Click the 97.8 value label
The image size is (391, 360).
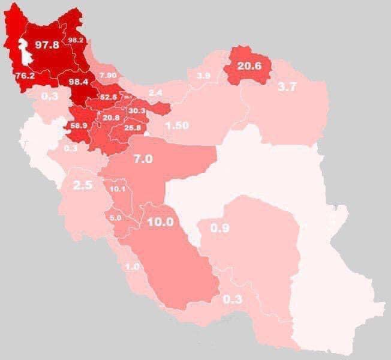pos(47,45)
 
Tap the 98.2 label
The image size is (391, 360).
pos(76,40)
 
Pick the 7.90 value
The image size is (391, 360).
pos(109,75)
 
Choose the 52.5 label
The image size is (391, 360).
pos(108,97)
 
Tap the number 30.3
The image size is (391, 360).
pos(137,111)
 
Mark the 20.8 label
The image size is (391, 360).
pos(111,118)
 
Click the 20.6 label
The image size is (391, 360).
pos(249,67)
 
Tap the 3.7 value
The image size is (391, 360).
pos(287,86)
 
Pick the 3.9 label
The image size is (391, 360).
pos(203,76)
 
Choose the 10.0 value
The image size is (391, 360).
pos(160,221)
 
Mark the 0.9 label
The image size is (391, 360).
pos(220,228)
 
